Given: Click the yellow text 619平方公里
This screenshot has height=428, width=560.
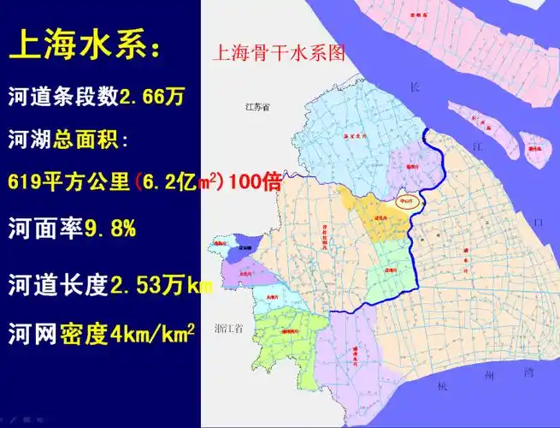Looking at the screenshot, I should click(68, 181).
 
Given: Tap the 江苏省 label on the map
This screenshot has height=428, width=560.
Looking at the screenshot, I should click(256, 108).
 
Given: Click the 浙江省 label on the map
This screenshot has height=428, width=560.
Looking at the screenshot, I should click(229, 328).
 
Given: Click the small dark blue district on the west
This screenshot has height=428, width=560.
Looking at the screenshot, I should click(242, 245).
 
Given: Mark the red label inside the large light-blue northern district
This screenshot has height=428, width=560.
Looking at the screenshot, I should click(350, 135).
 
